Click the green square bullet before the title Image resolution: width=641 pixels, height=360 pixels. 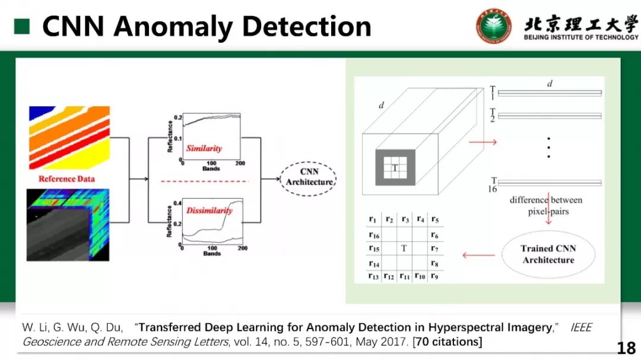tap(21, 26)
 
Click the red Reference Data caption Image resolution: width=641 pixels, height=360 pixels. tap(66, 179)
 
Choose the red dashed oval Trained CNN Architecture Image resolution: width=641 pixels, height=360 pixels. tap(548, 254)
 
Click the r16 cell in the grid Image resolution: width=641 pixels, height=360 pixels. tap(373, 235)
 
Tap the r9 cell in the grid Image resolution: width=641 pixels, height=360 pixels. tap(434, 276)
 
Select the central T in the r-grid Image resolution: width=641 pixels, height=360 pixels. tap(404, 249)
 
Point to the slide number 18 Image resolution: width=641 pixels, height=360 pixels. tap(626, 348)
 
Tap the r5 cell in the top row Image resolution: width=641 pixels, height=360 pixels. tap(434, 220)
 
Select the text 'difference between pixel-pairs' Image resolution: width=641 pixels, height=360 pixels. tap(545, 205)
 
